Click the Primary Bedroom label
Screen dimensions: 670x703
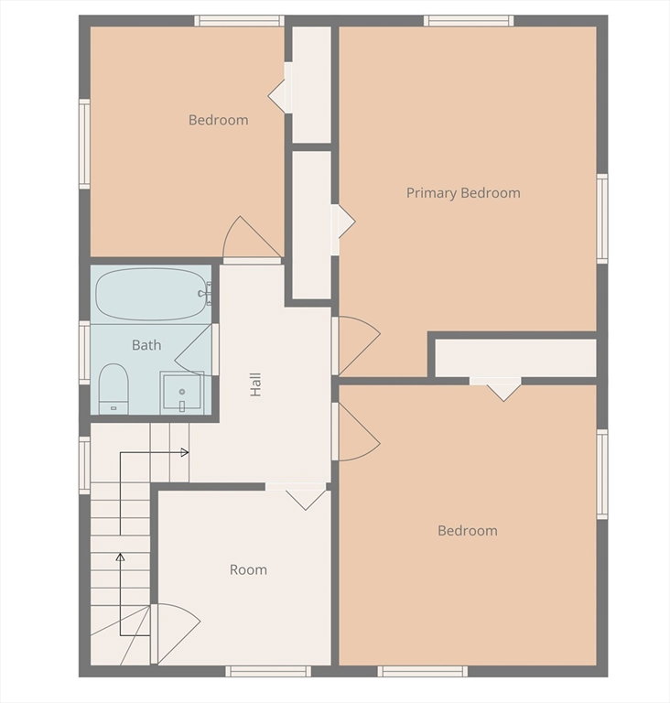(463, 193)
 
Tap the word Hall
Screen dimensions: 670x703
(255, 384)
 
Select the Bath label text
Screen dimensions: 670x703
(146, 345)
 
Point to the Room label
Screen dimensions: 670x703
(248, 570)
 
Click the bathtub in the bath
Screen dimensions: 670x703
(151, 294)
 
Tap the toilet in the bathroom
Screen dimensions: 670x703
(113, 389)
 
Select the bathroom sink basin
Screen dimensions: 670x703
(182, 391)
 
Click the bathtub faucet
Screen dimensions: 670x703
(204, 294)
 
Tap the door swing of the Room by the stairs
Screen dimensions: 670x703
(178, 633)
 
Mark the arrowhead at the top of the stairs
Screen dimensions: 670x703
(185, 452)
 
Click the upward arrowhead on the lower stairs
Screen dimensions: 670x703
(120, 557)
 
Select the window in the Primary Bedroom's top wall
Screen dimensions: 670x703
(469, 21)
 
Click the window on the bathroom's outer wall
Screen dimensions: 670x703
(85, 352)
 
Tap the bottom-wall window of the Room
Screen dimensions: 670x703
(268, 671)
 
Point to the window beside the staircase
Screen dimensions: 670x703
(85, 465)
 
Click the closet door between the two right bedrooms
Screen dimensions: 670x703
(495, 388)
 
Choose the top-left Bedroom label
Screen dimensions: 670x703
(219, 120)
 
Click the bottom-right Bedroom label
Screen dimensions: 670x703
(468, 531)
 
